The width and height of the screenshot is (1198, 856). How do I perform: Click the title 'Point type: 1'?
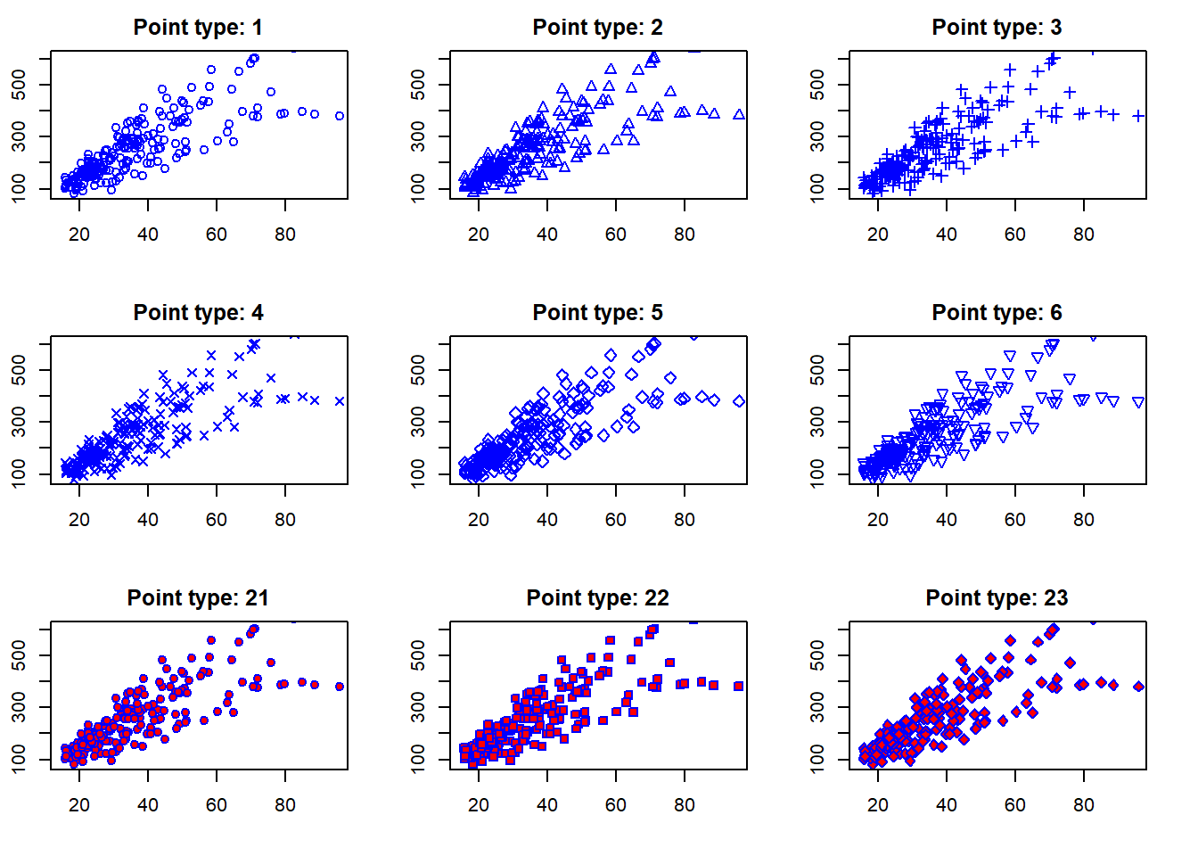[198, 28]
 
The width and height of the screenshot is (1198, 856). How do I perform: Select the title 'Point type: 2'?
[597, 28]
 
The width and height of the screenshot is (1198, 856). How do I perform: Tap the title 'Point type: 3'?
[997, 28]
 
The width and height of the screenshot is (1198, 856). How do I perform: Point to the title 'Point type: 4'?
[198, 313]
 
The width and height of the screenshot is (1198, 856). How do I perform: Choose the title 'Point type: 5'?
[597, 313]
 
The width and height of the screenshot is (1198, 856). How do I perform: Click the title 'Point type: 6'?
[997, 313]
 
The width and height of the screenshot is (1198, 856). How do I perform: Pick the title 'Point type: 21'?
[198, 598]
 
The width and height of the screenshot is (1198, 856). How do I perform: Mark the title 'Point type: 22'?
[597, 598]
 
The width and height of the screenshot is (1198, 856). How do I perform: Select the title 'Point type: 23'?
[997, 598]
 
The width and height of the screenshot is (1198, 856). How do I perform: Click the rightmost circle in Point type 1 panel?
[340, 116]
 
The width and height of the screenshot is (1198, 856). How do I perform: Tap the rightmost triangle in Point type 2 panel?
[739, 115]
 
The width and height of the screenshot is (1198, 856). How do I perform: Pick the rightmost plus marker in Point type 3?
[1138, 116]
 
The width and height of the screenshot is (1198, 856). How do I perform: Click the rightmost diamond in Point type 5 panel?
[739, 401]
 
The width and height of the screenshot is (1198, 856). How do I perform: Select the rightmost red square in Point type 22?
[739, 687]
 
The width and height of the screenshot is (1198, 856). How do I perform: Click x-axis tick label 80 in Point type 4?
[285, 520]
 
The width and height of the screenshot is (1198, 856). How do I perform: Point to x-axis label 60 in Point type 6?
[1015, 520]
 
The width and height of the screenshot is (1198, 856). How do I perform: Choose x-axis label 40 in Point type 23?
[947, 805]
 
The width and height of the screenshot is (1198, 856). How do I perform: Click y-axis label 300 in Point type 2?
[419, 136]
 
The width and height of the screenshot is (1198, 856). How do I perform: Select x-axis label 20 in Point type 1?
[79, 235]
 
